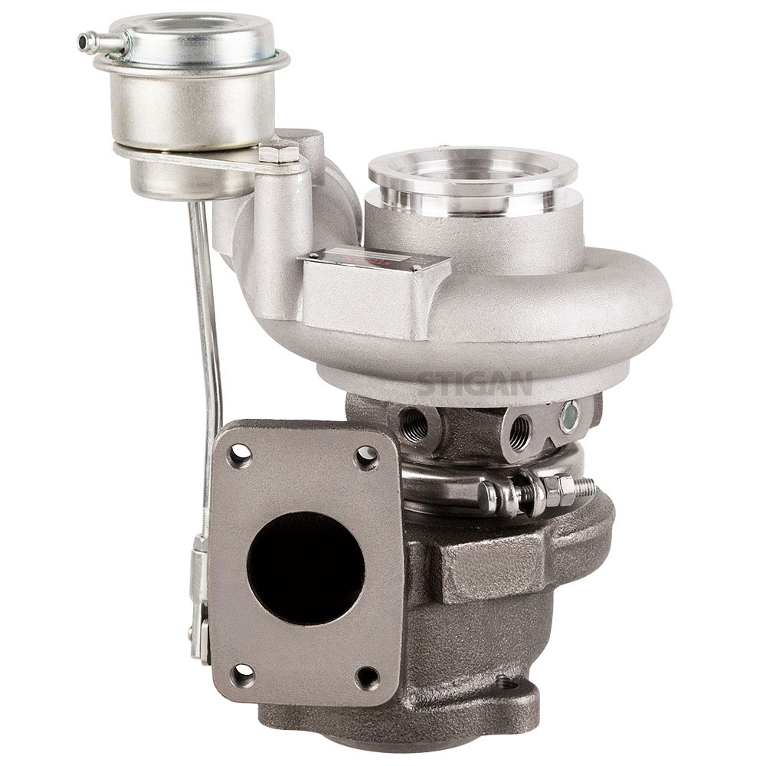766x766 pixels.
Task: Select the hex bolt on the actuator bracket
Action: point(278,153)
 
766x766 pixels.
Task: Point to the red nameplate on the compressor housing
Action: point(375,265)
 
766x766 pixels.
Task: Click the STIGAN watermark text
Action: point(476,381)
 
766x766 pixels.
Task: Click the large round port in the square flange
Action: point(305,568)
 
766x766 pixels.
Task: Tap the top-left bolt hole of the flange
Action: point(240,455)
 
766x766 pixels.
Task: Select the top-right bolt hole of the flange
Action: point(367,457)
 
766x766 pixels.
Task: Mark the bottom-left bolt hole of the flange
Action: point(242,675)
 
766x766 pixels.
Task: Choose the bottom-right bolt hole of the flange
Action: point(368,678)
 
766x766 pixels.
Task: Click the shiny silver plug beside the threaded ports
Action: point(569,417)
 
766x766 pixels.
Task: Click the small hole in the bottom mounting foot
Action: point(504,681)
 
